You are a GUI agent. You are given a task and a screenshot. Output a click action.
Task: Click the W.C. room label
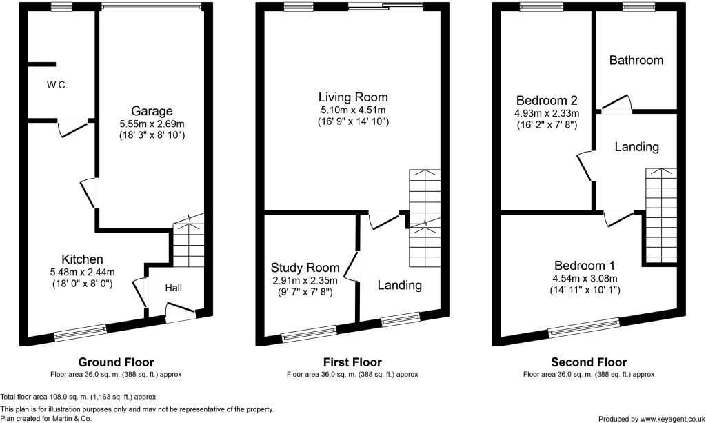(x=57, y=86)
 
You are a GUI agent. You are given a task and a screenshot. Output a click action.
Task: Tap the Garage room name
(x=152, y=111)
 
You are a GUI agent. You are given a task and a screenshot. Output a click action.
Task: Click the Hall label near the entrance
(x=173, y=288)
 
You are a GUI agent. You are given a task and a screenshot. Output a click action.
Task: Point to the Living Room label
(x=352, y=97)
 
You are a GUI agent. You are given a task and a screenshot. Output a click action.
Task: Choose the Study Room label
(x=304, y=268)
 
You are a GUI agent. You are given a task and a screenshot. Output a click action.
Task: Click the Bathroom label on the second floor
(x=636, y=61)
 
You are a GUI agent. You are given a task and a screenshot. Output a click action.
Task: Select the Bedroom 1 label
(x=588, y=266)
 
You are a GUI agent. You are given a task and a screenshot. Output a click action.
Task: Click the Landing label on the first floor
(x=400, y=285)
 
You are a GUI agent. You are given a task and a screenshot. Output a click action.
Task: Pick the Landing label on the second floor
(x=636, y=147)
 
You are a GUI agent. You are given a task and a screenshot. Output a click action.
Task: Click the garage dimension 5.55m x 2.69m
(x=152, y=124)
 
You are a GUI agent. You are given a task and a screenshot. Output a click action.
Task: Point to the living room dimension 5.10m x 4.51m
(x=352, y=110)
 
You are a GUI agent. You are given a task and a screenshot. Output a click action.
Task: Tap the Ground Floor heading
(x=116, y=362)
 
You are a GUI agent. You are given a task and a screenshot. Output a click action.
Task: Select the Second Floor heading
(x=588, y=362)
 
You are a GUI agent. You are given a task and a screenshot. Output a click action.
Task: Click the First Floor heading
(x=352, y=362)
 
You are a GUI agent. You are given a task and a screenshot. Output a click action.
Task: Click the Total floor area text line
(x=78, y=397)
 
